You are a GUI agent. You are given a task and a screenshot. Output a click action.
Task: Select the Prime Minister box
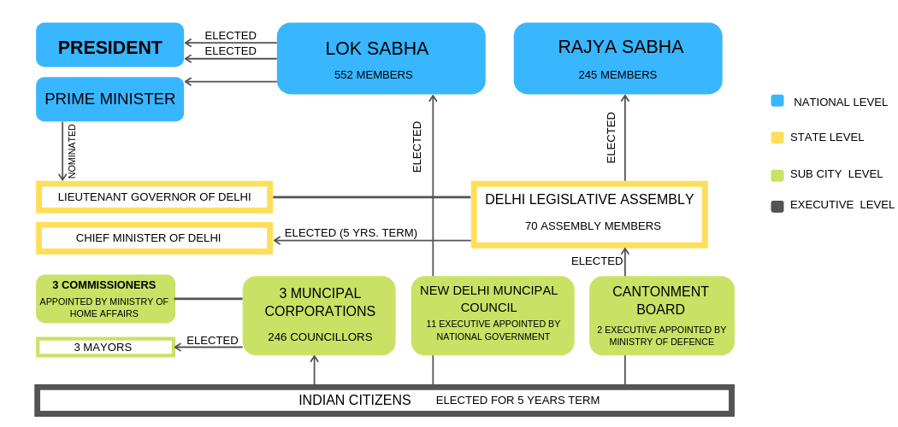coord(109,99)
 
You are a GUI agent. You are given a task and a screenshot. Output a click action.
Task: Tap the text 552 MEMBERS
coord(374,75)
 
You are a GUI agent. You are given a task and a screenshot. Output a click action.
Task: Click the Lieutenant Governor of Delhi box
coord(154,197)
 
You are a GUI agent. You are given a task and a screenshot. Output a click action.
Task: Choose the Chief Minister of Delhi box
coord(154,238)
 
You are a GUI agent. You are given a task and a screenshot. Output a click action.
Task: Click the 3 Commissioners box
coord(105,299)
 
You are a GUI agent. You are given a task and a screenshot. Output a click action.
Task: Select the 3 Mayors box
coord(105,348)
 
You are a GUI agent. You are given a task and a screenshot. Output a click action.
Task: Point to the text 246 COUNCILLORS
coord(320,337)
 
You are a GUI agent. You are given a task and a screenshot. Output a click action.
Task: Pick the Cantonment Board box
coord(661,315)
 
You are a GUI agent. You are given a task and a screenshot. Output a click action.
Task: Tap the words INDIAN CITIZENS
coord(355,401)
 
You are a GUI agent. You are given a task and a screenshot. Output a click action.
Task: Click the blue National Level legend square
coord(777,101)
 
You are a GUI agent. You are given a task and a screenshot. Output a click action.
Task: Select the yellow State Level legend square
coord(777,137)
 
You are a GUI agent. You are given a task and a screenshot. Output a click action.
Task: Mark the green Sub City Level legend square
coord(777,175)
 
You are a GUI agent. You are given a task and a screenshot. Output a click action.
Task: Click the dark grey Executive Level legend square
coord(777,206)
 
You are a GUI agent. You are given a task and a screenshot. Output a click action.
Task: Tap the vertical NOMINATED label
coord(72,151)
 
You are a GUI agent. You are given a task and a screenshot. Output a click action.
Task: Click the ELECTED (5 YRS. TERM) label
coord(351,233)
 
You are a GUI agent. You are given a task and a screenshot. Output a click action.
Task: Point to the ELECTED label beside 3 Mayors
coord(212,341)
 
